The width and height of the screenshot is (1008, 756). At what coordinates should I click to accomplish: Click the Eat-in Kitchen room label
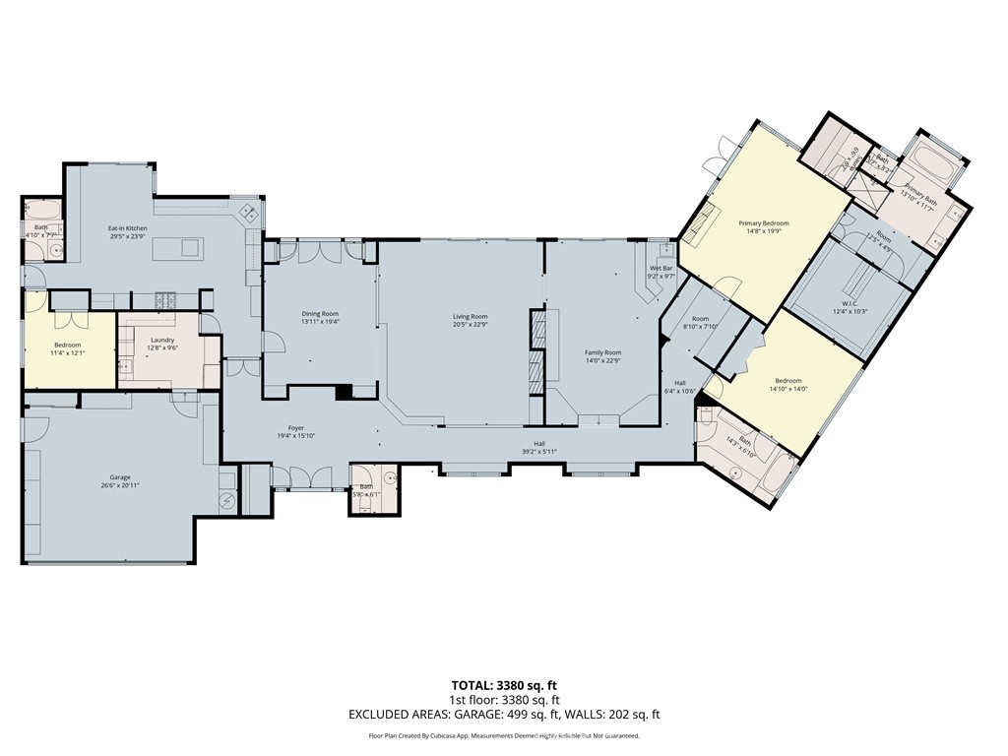click(128, 228)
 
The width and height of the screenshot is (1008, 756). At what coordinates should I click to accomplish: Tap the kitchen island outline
click(177, 248)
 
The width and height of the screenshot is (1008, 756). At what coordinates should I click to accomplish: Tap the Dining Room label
click(320, 314)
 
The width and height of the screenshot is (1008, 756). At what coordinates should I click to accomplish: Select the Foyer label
click(296, 428)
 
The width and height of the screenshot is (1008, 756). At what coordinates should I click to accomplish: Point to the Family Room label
click(602, 352)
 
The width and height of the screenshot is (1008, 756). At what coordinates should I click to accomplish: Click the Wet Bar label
click(661, 269)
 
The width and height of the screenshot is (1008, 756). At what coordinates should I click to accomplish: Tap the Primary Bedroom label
click(764, 223)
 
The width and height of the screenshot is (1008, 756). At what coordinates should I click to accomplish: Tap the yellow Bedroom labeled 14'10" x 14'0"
click(788, 381)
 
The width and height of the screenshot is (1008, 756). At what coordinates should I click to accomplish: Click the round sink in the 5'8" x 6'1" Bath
click(390, 477)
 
